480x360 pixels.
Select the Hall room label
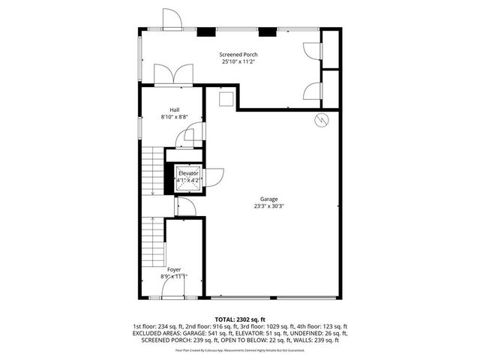[x=174, y=109]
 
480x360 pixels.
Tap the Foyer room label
[x=174, y=268]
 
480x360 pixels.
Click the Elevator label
[x=187, y=173]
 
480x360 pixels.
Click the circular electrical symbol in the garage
[x=322, y=121]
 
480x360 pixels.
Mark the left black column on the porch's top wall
[x=204, y=31]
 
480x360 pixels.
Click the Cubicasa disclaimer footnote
[x=240, y=350]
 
